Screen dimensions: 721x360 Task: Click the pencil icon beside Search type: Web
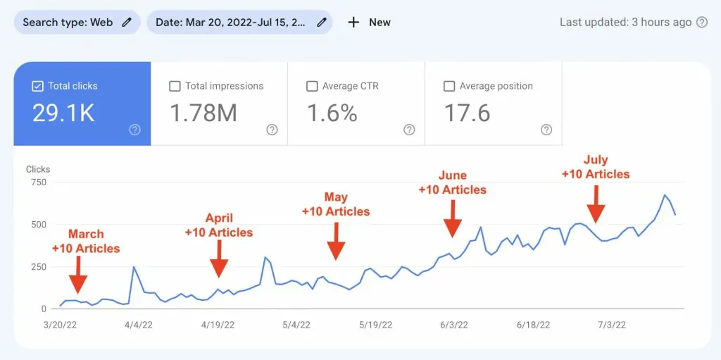coord(127,22)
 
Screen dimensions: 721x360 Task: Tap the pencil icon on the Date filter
coord(322,22)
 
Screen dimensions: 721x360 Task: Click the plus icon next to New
coord(353,22)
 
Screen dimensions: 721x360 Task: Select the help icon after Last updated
coord(702,22)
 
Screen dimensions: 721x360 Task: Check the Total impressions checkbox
coord(175,86)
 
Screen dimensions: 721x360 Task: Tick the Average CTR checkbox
coord(312,86)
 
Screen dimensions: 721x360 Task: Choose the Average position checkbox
coord(449,86)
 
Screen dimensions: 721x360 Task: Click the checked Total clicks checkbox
coord(38,86)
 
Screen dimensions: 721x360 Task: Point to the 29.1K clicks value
coord(63,113)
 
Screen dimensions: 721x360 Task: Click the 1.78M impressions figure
coord(203,113)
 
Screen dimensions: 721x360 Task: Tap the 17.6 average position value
coord(468,113)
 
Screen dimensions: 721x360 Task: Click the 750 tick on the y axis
coord(38,182)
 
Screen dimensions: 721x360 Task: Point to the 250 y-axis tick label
coord(38,266)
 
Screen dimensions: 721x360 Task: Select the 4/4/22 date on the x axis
coord(139,325)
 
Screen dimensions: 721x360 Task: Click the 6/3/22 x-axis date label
coord(454,325)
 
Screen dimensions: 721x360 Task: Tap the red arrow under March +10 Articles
coord(79,274)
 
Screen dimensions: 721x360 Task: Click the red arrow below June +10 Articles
coord(453,218)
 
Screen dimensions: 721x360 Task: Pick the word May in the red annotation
coord(336,197)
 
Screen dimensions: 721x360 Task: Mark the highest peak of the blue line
coord(665,195)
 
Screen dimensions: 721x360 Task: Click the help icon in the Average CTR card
coord(409,130)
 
